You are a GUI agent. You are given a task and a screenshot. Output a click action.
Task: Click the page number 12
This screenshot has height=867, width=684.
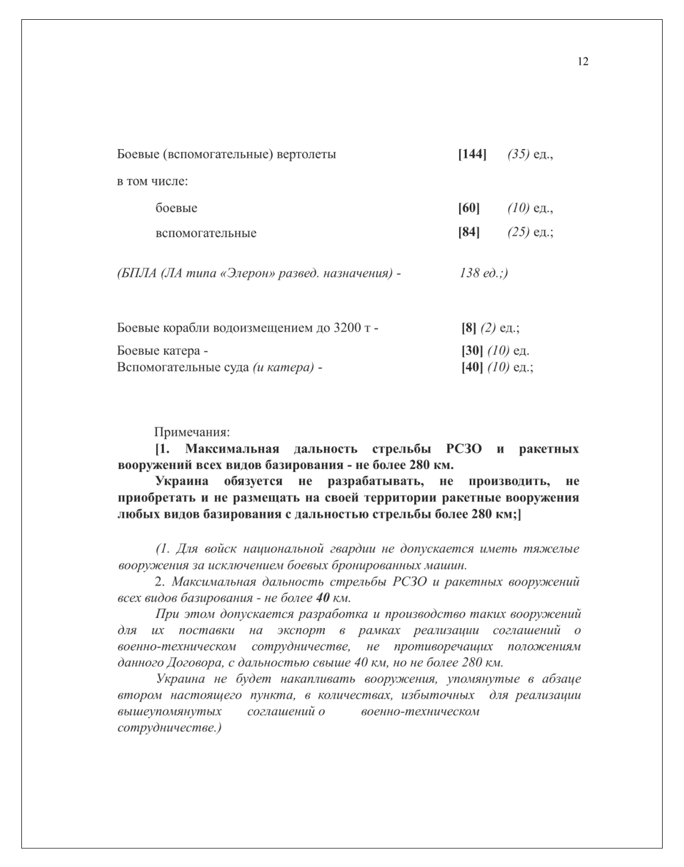pyautogui.click(x=583, y=62)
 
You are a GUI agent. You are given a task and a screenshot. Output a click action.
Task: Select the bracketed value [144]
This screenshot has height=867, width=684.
pyautogui.click(x=472, y=155)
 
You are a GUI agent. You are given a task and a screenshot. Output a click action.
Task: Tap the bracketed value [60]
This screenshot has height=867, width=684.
pyautogui.click(x=469, y=208)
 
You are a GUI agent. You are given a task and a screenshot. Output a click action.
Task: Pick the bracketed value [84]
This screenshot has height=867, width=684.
pyautogui.click(x=469, y=233)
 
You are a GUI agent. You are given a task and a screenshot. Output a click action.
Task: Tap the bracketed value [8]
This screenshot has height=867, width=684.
pyautogui.click(x=469, y=328)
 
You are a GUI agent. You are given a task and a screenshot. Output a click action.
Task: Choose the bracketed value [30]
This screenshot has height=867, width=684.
pyautogui.click(x=472, y=351)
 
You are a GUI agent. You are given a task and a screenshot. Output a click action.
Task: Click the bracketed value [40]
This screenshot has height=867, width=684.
pyautogui.click(x=472, y=368)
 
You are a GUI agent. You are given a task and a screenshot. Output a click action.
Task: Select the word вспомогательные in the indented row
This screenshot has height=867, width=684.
pyautogui.click(x=206, y=233)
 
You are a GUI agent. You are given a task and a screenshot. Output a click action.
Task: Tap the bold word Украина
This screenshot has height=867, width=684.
pyautogui.click(x=181, y=481)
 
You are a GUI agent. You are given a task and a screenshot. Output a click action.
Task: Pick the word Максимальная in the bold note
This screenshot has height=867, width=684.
pyautogui.click(x=232, y=449)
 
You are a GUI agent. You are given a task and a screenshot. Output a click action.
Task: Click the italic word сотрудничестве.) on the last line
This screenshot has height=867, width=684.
pyautogui.click(x=169, y=728)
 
